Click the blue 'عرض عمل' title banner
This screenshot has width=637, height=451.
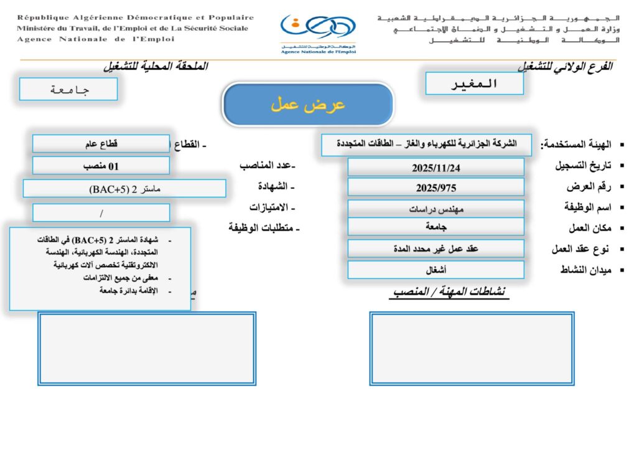(308, 105)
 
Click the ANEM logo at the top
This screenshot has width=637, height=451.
(318, 31)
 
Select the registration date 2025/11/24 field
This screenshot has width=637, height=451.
(435, 168)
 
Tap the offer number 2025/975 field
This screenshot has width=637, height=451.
(435, 187)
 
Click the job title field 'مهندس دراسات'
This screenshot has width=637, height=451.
(435, 209)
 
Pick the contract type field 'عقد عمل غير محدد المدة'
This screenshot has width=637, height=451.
(435, 249)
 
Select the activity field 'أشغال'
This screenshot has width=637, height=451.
(435, 270)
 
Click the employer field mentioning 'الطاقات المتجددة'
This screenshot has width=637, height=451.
(427, 144)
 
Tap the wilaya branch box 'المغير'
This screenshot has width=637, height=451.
(474, 83)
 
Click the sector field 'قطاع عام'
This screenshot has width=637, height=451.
(101, 144)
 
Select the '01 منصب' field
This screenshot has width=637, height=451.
(101, 166)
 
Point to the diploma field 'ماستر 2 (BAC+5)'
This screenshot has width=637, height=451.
(124, 188)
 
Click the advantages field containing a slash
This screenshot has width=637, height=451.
(101, 212)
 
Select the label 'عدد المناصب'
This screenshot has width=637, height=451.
(267, 166)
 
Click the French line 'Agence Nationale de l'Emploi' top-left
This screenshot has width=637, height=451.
(96, 39)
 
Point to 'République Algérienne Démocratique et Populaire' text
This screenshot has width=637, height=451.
(135, 17)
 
